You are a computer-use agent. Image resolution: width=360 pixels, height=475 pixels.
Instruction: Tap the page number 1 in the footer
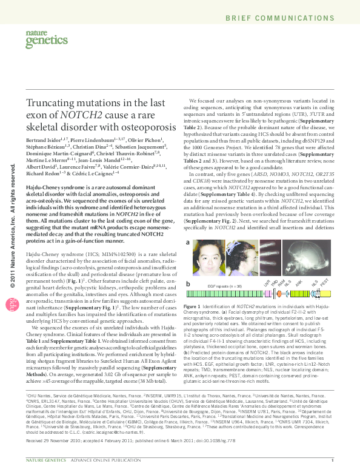[333, 468]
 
